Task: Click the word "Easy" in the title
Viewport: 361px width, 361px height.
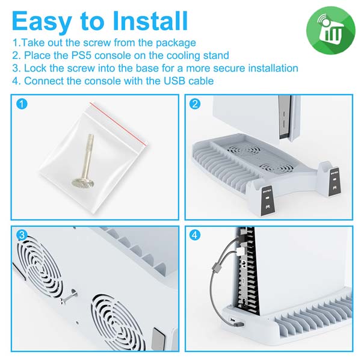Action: [42, 21]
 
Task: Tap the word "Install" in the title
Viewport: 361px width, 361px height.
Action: [150, 20]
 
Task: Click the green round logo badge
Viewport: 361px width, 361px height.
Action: [330, 31]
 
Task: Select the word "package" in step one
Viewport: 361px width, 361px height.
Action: [176, 43]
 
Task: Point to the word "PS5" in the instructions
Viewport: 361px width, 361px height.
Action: [81, 55]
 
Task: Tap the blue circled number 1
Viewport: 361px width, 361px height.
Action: [22, 104]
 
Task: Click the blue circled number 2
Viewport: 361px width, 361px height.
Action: [195, 104]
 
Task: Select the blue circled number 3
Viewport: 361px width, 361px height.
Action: [22, 235]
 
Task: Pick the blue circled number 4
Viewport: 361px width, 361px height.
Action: [195, 235]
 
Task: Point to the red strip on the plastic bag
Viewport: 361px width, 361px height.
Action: [118, 125]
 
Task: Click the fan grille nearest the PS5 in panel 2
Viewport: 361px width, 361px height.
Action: [244, 150]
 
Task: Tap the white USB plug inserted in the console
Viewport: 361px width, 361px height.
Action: [239, 251]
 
